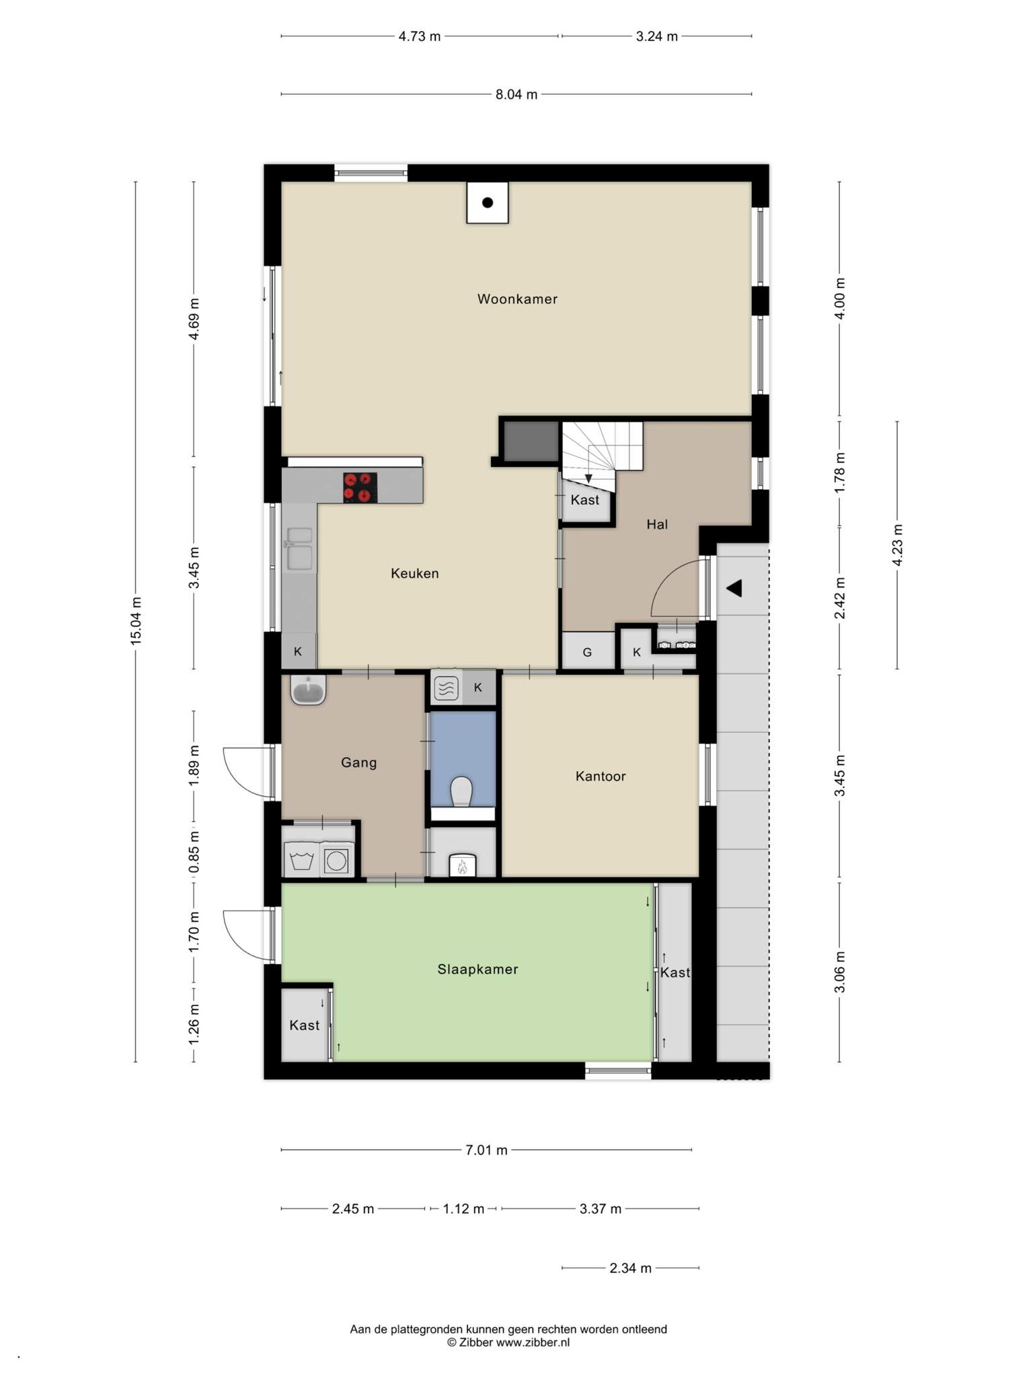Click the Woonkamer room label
517,299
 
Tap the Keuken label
414,573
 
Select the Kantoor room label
601,776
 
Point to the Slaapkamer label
477,969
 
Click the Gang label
358,762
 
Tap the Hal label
657,524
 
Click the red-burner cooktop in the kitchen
360,487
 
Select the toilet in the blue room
462,791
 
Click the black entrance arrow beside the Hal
734,588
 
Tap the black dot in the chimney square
488,203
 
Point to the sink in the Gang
309,690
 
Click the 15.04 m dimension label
136,620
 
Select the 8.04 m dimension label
516,95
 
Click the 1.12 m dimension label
463,1208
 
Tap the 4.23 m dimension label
897,545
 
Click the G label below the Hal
587,652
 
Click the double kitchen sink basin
299,548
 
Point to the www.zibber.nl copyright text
508,1342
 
